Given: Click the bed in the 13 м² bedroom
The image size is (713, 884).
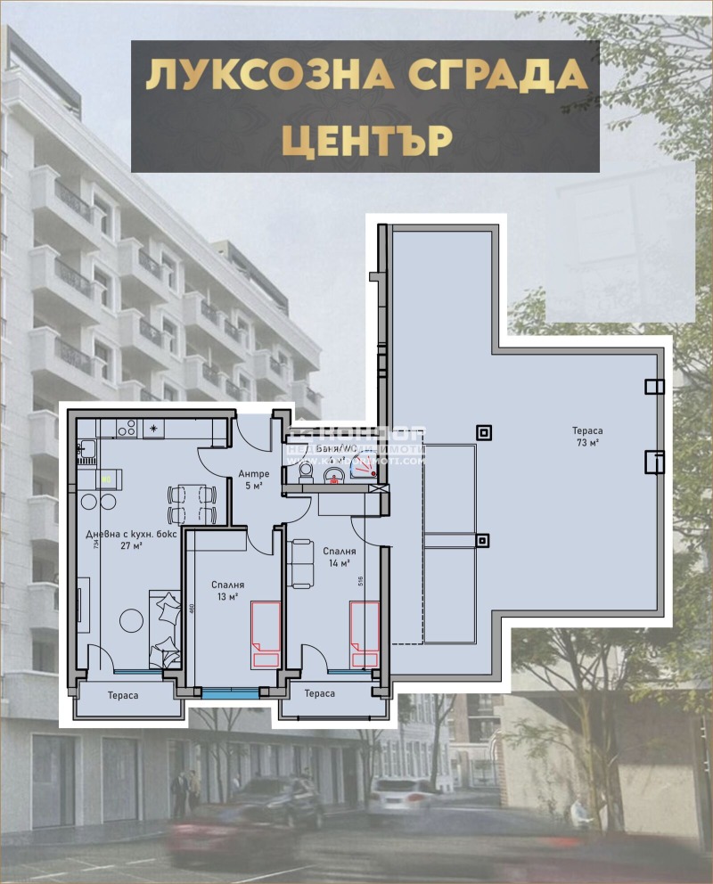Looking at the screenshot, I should [x=266, y=634].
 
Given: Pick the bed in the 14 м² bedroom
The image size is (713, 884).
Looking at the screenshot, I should [x=364, y=634].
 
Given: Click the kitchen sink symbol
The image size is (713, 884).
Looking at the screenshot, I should [x=86, y=450].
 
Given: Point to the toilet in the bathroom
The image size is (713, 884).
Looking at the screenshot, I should [x=305, y=471].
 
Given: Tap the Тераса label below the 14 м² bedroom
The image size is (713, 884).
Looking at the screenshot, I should [x=319, y=693].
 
